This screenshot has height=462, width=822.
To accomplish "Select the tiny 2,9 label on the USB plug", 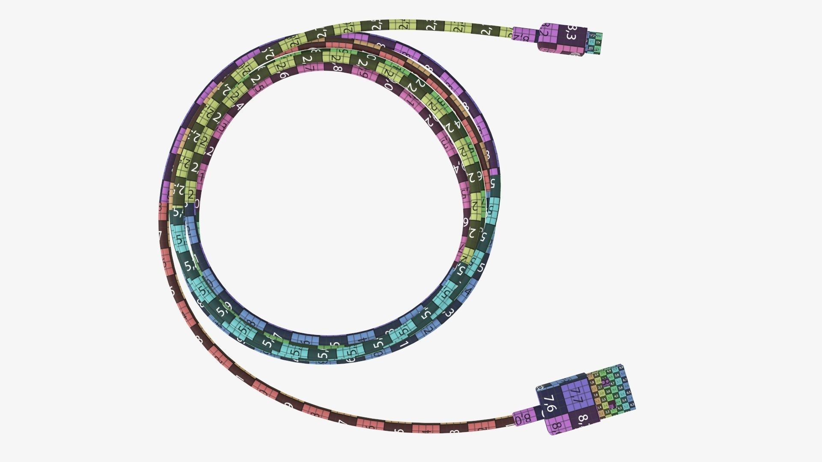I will coord(596,375).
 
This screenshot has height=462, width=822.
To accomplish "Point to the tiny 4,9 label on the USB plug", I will coord(609,370).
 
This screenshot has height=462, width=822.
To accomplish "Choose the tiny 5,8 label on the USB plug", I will coord(616,376).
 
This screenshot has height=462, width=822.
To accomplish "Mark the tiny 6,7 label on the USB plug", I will coord(625,380).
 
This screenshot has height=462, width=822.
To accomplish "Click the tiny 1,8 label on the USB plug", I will coord(593,382).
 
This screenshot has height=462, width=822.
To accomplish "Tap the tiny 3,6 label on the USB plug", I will coord(608,391).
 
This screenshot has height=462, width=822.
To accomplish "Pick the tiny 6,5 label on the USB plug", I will coord(628,392).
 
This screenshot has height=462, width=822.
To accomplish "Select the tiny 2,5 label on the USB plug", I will coord(604,400).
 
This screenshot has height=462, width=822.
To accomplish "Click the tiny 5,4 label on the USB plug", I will coord(624,400).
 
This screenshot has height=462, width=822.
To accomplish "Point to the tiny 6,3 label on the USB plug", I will coord(632,404).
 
